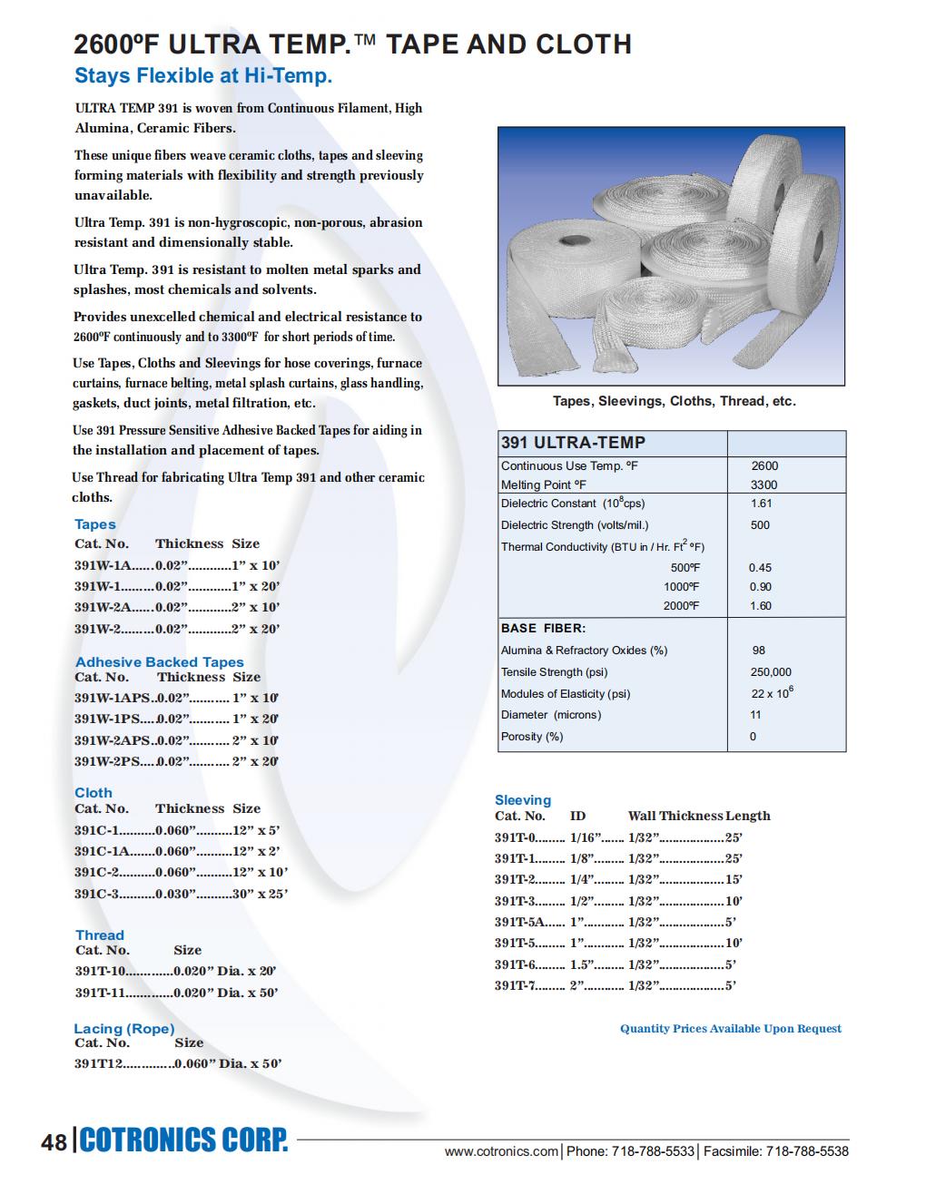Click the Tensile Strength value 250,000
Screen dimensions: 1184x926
[771, 672]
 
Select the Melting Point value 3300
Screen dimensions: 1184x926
[764, 484]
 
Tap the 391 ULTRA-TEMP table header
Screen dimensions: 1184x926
[573, 443]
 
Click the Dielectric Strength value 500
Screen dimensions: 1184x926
[760, 524]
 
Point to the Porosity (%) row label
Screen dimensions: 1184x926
[532, 737]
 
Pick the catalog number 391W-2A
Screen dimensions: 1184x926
[102, 607]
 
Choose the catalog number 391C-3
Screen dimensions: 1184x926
[96, 894]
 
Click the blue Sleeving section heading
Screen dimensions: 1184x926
[523, 799]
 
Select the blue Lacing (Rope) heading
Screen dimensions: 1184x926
[124, 1028]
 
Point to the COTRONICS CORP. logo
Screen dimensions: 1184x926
[184, 1140]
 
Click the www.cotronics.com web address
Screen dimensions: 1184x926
[501, 1151]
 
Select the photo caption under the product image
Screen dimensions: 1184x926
[674, 401]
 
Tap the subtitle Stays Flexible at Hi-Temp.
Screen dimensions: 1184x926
[203, 75]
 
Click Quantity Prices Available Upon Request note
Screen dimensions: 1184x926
[730, 1028]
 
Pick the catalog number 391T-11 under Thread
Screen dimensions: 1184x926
[100, 993]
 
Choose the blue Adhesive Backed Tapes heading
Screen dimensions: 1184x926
[160, 661]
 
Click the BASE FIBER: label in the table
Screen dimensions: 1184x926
[543, 628]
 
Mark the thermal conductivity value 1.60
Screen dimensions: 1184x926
[760, 606]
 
